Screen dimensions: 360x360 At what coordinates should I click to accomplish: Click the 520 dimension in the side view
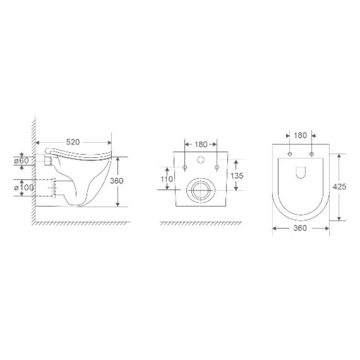click(x=73, y=142)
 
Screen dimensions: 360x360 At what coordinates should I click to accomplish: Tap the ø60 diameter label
click(x=22, y=161)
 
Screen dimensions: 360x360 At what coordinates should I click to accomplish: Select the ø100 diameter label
click(x=24, y=187)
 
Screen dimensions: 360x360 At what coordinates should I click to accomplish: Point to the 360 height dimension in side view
click(x=117, y=181)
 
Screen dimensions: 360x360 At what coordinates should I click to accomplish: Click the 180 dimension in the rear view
click(x=201, y=144)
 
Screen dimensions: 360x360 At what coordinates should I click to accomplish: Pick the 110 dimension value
click(x=167, y=179)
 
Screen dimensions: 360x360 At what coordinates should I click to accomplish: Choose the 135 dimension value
click(x=237, y=176)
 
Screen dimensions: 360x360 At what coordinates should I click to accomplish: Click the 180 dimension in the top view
click(x=300, y=135)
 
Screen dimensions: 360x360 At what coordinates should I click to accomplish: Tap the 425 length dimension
click(x=339, y=187)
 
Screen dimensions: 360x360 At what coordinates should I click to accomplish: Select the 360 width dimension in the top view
click(x=300, y=228)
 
